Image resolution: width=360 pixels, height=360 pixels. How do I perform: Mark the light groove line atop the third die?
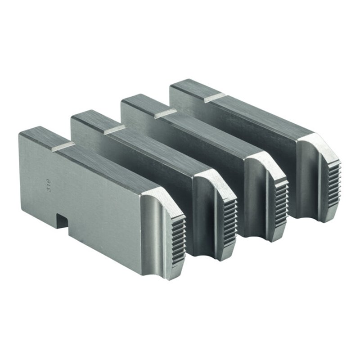click(165, 114)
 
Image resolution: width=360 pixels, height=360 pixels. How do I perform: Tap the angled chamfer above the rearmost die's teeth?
click(315, 144)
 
